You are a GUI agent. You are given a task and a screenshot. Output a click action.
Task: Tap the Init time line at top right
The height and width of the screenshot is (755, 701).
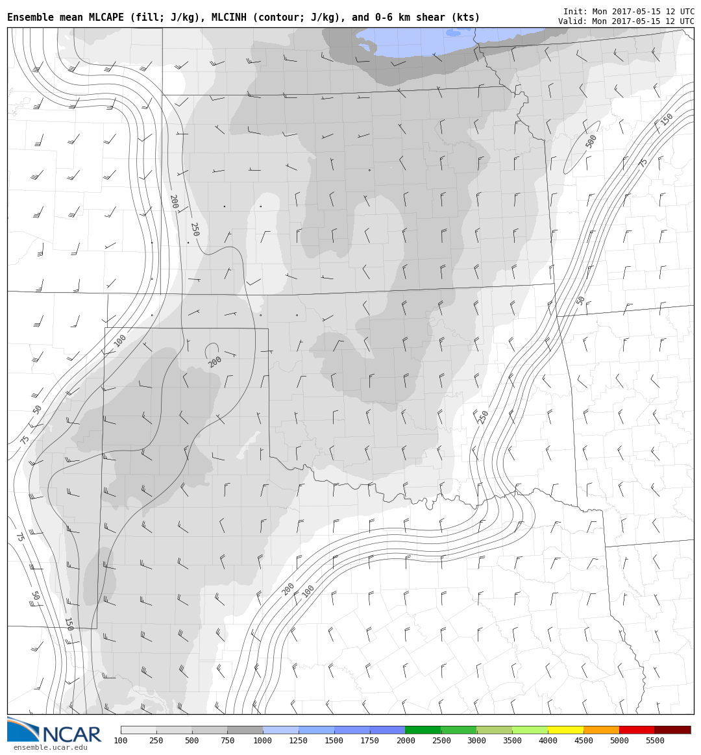click(628, 12)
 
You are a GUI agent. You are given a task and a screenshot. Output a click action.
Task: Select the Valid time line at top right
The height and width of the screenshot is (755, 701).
click(626, 21)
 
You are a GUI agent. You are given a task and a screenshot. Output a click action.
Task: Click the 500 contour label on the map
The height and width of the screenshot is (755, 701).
click(591, 142)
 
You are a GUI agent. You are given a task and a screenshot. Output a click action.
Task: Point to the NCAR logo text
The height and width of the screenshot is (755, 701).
click(71, 735)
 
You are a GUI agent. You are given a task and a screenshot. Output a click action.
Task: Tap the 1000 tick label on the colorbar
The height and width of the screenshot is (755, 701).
click(263, 741)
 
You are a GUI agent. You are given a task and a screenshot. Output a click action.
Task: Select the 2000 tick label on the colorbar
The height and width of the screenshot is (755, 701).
click(405, 741)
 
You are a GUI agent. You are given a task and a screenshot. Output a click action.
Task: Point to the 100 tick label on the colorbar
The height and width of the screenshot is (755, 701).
click(121, 741)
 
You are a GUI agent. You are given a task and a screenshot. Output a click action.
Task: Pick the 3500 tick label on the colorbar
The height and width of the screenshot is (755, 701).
click(512, 741)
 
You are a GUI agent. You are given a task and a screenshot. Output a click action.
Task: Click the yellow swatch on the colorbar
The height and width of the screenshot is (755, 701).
click(565, 730)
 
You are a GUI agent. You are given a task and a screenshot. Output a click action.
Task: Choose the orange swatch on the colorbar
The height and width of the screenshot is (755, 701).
click(601, 730)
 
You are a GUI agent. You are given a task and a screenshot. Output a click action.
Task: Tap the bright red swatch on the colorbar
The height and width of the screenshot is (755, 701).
click(637, 730)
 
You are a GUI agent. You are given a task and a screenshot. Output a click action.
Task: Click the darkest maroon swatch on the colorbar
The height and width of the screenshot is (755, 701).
click(672, 730)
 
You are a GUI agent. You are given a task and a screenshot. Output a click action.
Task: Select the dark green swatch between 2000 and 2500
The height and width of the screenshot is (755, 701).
click(423, 730)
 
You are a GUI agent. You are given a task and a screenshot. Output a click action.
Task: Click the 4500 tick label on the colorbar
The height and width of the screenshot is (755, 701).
click(584, 741)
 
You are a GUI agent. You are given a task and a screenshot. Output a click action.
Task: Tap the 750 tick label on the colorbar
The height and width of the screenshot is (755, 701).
click(227, 741)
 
